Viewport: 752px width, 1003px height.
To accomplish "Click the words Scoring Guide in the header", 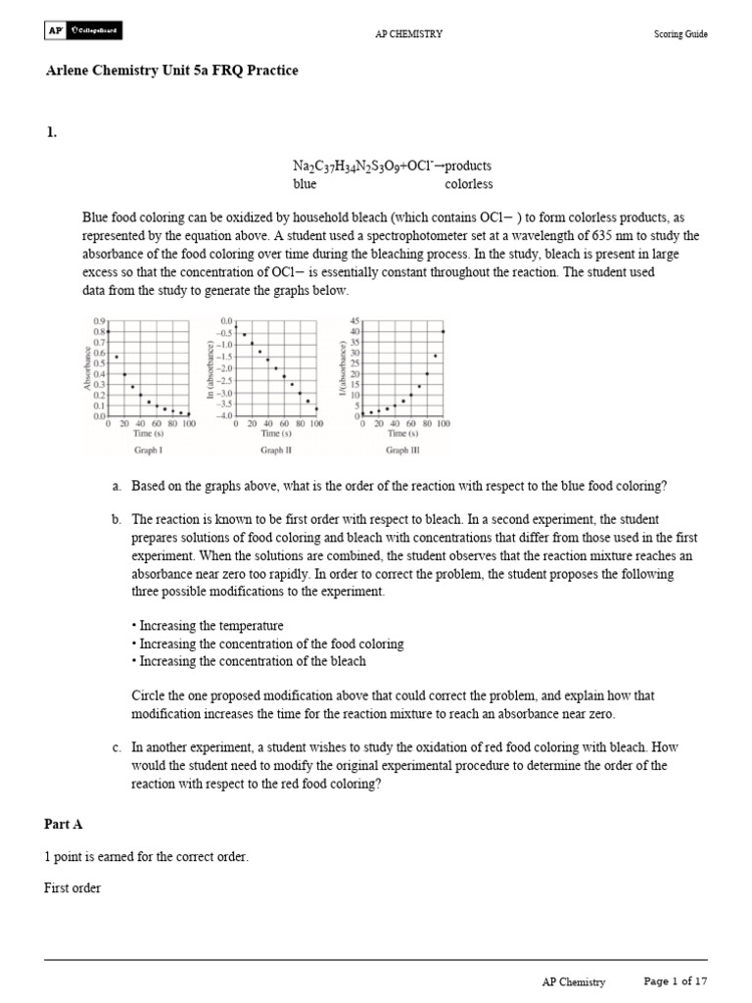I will pyautogui.click(x=681, y=34).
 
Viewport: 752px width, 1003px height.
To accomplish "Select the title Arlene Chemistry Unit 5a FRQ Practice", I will pyautogui.click(x=171, y=71).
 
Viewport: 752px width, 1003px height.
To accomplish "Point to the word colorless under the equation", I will pyautogui.click(x=469, y=184).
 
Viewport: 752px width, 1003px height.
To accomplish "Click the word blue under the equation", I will pyautogui.click(x=305, y=184).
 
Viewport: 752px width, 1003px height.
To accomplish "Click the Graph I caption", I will pyautogui.click(x=148, y=451).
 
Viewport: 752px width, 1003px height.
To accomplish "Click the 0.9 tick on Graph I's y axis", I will pyautogui.click(x=99, y=321).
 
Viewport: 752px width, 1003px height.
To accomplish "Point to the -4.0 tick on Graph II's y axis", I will pyautogui.click(x=225, y=416).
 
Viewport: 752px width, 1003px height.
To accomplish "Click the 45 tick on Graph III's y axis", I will pyautogui.click(x=354, y=321).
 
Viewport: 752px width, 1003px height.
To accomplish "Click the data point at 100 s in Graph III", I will pyautogui.click(x=444, y=331).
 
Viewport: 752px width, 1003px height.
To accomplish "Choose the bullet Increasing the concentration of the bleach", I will pyautogui.click(x=249, y=662).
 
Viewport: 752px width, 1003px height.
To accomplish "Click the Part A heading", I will pyautogui.click(x=70, y=825).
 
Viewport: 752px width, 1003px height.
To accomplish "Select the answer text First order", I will pyautogui.click(x=72, y=888).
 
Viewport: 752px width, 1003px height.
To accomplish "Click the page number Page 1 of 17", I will pyautogui.click(x=675, y=980).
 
